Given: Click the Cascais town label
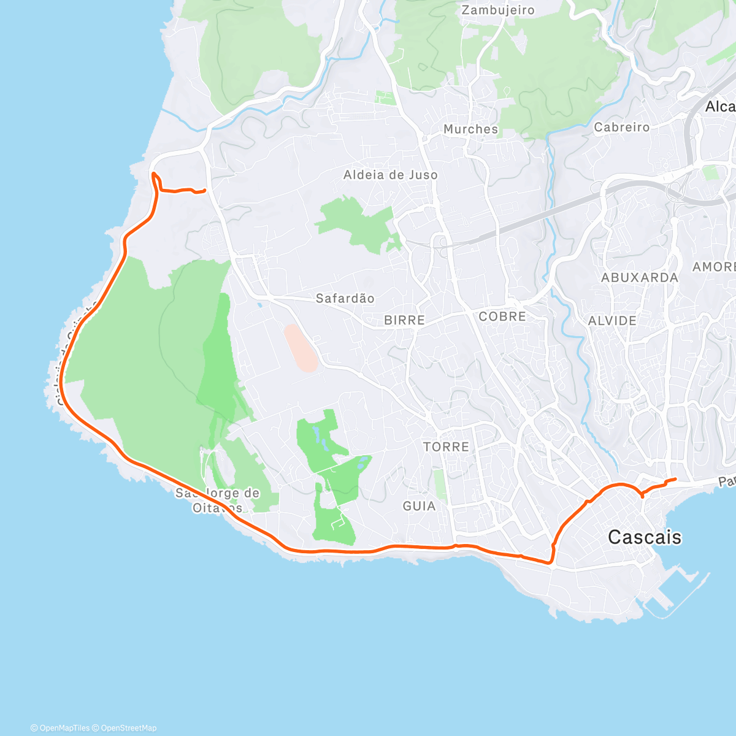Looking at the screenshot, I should (644, 537).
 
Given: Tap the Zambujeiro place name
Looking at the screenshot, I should (498, 10).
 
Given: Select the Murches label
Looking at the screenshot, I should (470, 129).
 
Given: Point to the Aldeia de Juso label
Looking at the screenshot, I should (391, 175).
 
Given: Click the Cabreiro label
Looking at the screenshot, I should (621, 127).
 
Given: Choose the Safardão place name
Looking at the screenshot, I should (345, 298).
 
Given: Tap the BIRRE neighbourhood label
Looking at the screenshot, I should (404, 320).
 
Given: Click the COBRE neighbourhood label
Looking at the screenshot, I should (502, 316).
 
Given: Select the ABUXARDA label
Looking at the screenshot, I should (639, 277).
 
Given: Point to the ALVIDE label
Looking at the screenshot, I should (612, 320).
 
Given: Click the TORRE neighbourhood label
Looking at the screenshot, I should (446, 447).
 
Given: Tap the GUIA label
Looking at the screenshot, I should (419, 506).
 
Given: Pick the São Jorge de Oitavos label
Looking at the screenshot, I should (218, 500).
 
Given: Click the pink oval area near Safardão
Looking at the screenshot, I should (301, 348).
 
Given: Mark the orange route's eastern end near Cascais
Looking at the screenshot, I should (675, 478).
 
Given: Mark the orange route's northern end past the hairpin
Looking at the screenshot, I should (204, 191).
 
